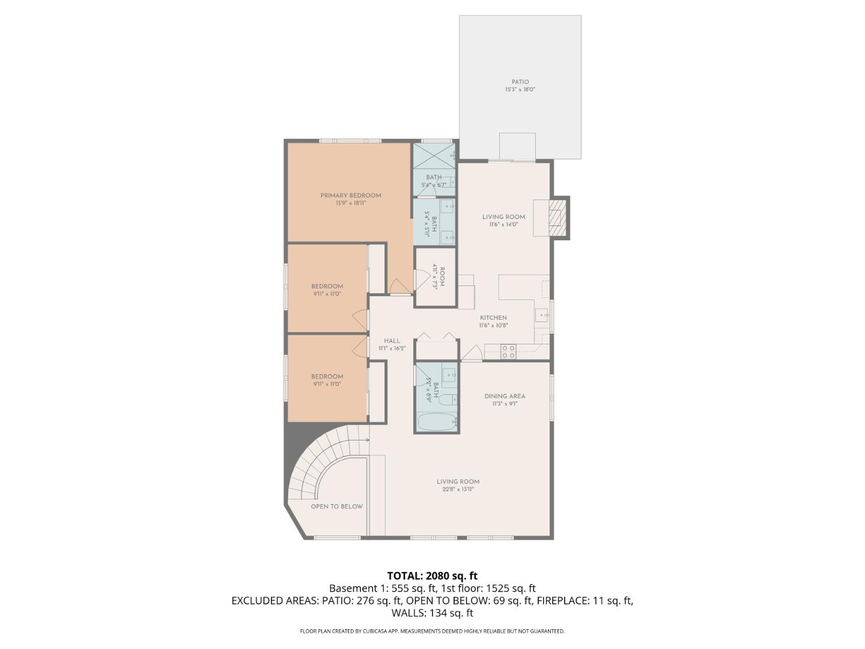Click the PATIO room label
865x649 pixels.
click(520, 82)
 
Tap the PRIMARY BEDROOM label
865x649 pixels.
click(350, 195)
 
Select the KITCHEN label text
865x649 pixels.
click(493, 318)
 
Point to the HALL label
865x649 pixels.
click(392, 341)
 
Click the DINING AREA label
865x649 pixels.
click(505, 396)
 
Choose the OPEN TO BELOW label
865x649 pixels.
click(336, 507)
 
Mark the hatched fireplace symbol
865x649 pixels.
click(557, 218)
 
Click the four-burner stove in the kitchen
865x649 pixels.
click(508, 352)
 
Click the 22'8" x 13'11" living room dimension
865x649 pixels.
click(458, 489)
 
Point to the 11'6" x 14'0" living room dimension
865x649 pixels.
click(503, 225)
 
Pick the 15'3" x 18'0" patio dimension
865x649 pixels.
click(520, 90)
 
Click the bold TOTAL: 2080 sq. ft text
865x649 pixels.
click(432, 576)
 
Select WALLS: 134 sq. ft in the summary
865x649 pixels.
click(432, 613)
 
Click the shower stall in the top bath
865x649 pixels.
click(434, 156)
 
